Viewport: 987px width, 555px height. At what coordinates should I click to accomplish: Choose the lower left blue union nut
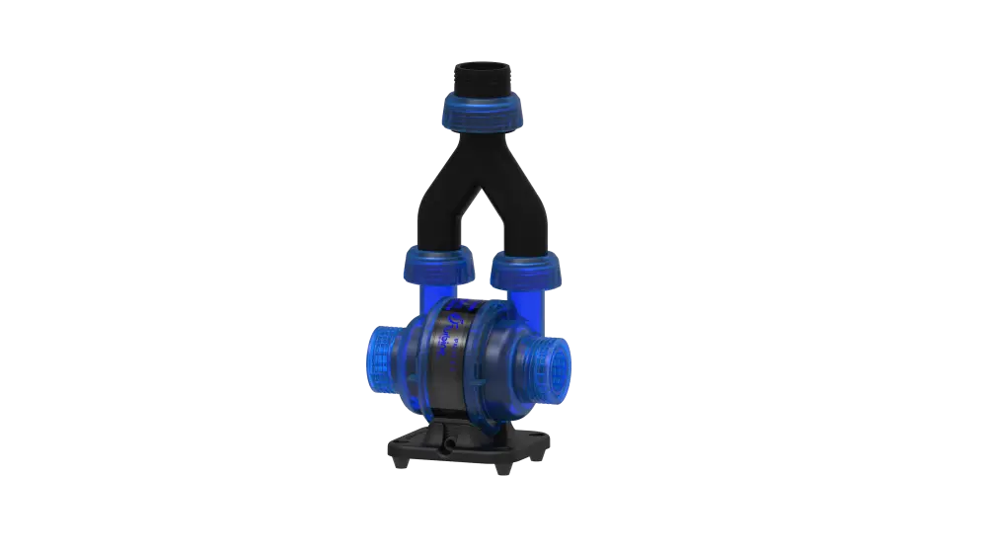tap(436, 265)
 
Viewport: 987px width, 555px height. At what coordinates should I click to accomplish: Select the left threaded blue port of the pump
tap(379, 355)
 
